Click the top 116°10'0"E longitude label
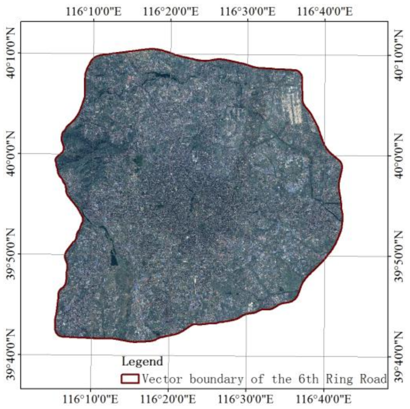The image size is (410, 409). [x=94, y=12]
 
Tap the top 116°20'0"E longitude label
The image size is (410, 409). [x=171, y=12]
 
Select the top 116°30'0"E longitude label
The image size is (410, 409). [x=248, y=12]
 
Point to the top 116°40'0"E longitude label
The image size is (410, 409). [x=325, y=12]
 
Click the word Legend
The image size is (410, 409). [x=142, y=361]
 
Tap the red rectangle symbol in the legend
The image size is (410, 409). [x=130, y=379]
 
